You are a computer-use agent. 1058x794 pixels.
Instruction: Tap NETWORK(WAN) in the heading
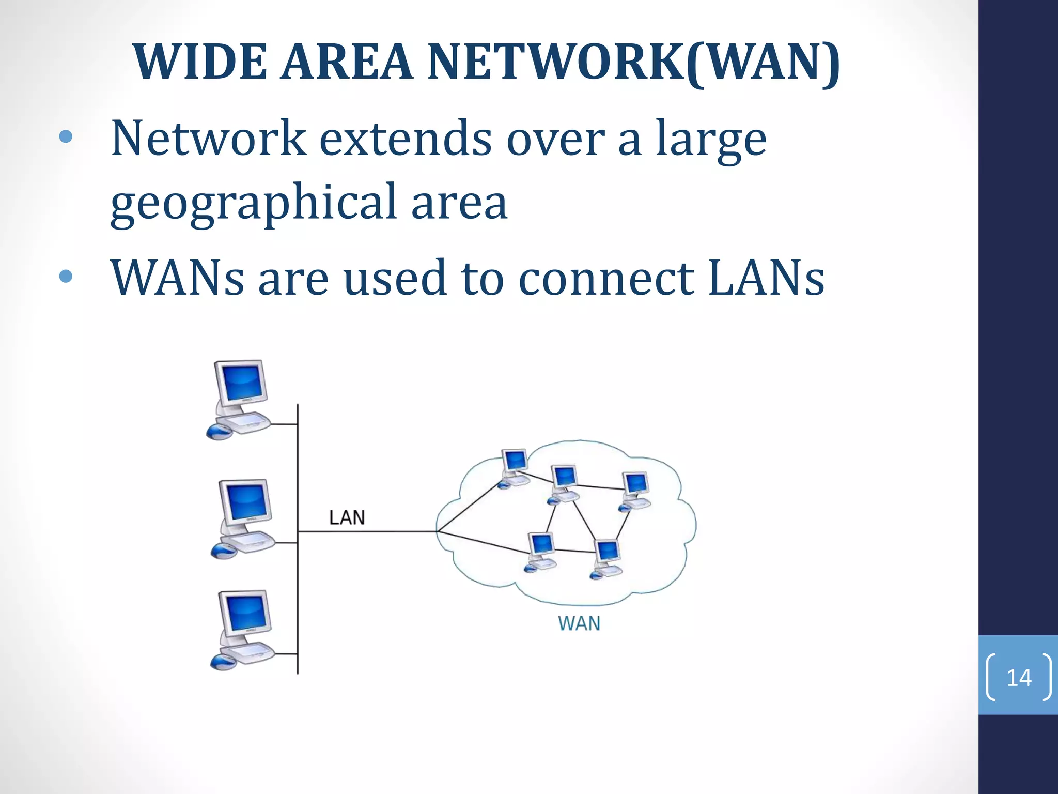tap(633, 62)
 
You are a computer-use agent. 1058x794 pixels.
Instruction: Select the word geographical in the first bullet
tap(253, 203)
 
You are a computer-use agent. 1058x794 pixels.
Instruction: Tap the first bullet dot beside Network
tap(66, 136)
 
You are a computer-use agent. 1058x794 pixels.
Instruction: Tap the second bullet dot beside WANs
tap(66, 276)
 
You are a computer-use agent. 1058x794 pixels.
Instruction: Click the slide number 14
tap(1019, 677)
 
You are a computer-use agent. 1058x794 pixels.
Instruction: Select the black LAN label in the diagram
tap(347, 517)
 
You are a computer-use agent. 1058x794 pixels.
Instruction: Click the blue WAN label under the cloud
tap(579, 623)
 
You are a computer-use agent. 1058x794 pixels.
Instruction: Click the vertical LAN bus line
tap(298, 594)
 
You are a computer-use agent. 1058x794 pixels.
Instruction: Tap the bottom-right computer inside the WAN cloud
tap(606, 558)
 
